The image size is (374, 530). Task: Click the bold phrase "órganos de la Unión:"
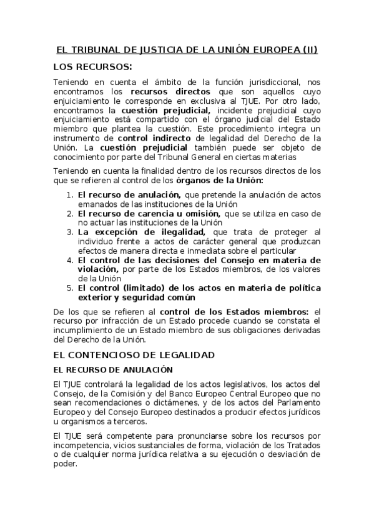[x=225, y=180]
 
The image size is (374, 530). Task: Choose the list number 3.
[x=69, y=231]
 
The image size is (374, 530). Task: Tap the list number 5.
[x=69, y=287]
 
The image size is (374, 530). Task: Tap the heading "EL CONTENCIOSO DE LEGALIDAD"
[x=134, y=354]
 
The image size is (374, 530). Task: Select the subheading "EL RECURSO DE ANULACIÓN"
[x=113, y=369]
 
